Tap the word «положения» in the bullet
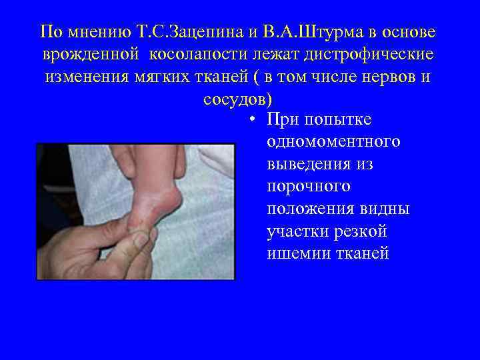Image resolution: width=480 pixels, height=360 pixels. (x=309, y=209)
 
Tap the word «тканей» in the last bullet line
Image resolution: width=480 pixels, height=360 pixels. (x=364, y=254)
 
